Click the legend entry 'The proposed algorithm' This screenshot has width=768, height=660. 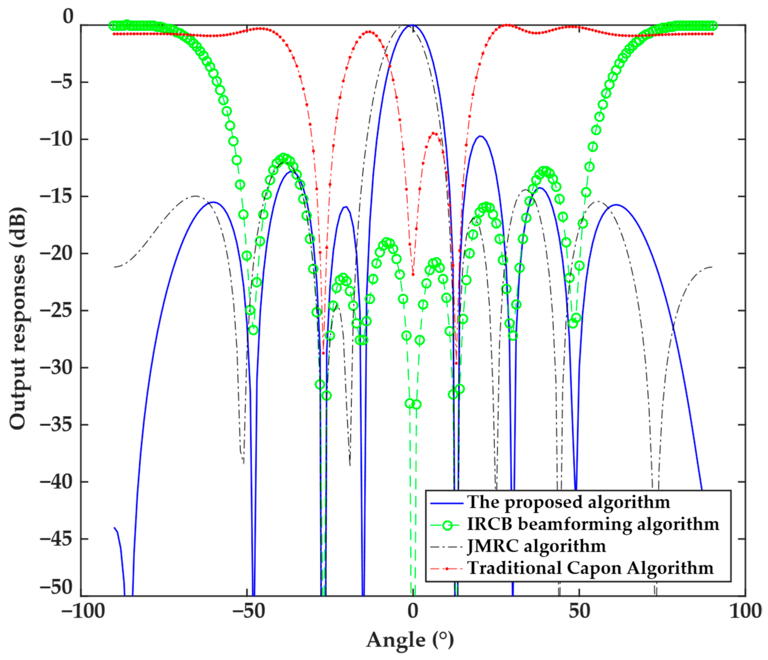[569, 502]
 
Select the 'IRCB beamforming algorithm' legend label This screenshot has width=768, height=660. [593, 524]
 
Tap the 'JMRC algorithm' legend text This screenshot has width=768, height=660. [537, 546]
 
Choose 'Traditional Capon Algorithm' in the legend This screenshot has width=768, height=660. [591, 568]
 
